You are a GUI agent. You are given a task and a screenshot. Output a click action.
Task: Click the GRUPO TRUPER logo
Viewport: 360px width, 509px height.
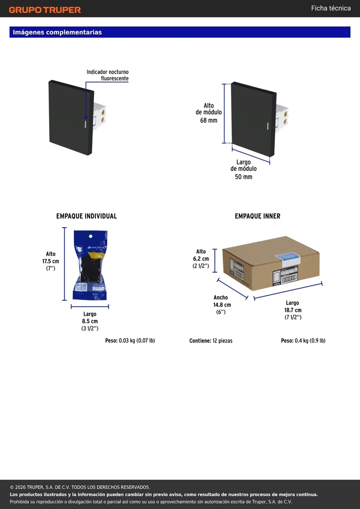point(45,10)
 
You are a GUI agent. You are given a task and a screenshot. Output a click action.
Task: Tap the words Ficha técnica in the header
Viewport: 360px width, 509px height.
point(331,8)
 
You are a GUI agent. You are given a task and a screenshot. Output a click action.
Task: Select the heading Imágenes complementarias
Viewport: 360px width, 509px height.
point(58,32)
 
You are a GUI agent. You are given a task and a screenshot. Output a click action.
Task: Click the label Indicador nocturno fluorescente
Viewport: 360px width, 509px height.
point(107,75)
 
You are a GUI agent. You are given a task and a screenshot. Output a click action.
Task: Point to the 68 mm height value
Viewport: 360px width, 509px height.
point(208,120)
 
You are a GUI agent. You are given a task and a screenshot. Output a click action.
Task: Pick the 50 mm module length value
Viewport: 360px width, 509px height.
point(244,177)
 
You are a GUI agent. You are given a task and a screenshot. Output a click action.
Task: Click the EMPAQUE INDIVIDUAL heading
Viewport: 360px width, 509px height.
point(87,216)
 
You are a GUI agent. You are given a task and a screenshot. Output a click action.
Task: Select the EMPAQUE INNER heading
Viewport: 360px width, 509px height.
point(258,216)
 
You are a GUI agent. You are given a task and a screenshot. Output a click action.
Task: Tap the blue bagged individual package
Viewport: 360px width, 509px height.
point(90,265)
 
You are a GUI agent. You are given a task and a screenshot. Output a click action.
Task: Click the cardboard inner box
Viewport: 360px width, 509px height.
point(271,263)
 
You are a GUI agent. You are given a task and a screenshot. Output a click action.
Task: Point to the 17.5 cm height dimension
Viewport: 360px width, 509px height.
point(51,261)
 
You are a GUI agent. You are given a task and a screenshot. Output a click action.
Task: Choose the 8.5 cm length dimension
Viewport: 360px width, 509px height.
point(90,322)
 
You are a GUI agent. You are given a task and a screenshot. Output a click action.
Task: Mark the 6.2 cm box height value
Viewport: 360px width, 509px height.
point(201,258)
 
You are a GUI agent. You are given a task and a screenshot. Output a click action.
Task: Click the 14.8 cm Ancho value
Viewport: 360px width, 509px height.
point(222,305)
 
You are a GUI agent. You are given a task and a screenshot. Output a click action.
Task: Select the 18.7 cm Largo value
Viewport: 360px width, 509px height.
point(293,310)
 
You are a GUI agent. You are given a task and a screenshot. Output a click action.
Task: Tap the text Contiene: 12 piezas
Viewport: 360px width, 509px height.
point(211,341)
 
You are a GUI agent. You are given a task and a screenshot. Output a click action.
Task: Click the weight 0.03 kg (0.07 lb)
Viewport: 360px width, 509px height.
point(130,341)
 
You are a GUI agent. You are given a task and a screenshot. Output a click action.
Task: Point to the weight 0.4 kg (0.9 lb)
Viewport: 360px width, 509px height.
point(303,341)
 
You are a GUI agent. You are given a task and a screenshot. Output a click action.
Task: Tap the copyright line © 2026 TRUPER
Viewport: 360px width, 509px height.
point(80,487)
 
